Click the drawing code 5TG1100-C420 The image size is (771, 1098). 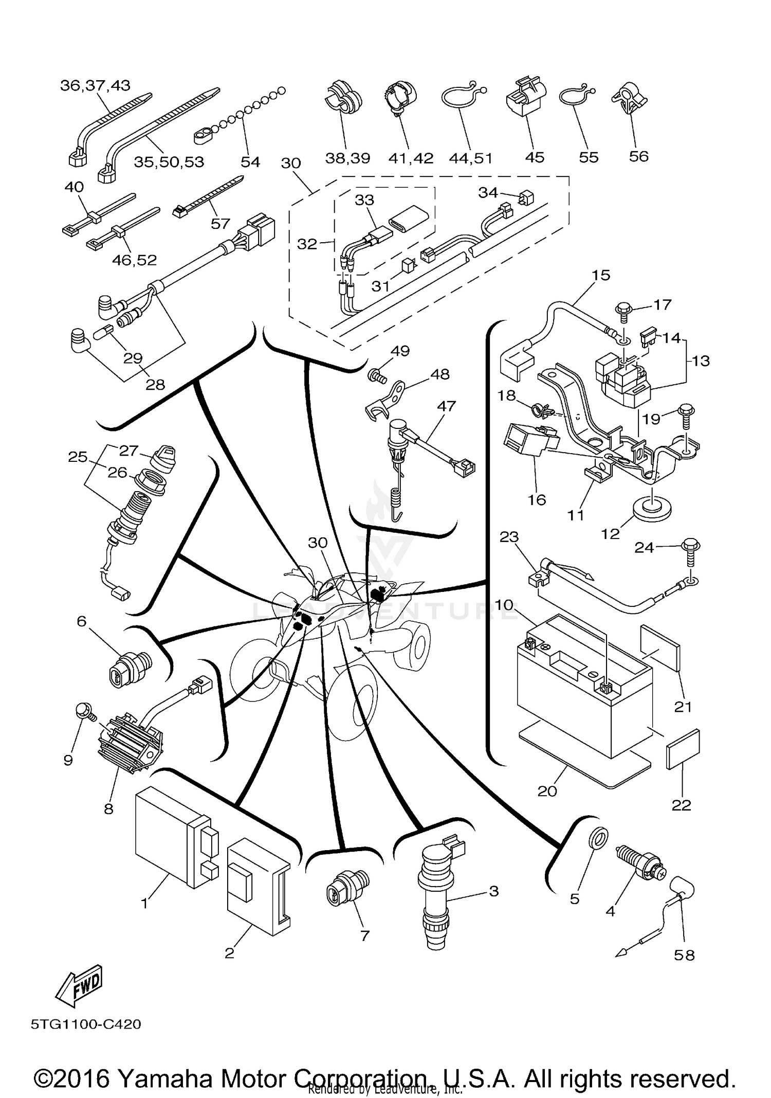[86, 1024]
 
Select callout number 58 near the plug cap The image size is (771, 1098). [684, 955]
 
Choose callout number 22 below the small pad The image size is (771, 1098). [682, 805]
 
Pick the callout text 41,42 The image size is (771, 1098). [411, 158]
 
